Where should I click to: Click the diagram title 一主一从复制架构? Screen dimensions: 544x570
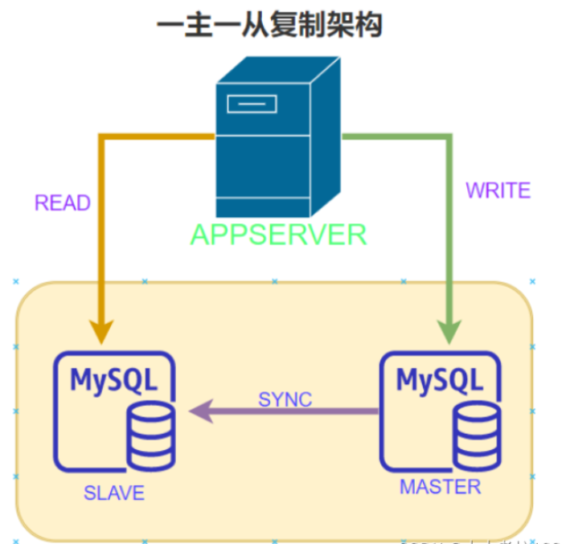269,26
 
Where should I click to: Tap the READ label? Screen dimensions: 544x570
62,202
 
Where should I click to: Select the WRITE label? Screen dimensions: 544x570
498,190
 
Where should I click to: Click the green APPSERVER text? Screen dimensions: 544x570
278,234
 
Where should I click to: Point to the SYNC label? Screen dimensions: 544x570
285,399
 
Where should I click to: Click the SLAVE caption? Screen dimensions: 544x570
114,493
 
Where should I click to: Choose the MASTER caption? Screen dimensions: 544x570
440,486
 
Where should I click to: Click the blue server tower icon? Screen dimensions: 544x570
273,137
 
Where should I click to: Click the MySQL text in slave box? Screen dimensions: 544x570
113,378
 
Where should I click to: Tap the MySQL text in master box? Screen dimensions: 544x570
441,378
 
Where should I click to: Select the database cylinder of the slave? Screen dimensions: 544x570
150,437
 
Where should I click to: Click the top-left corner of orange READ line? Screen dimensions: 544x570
101,137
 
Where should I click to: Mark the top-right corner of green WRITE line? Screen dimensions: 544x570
448,137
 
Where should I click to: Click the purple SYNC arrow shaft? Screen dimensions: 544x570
297,413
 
